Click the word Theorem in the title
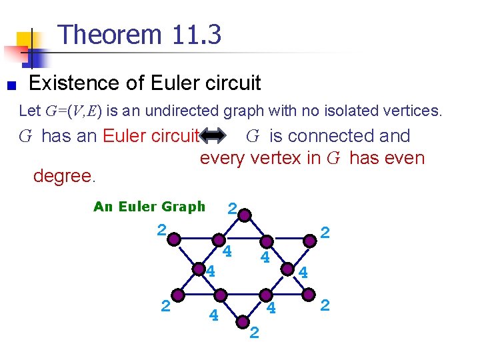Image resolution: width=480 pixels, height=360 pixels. pos(110,34)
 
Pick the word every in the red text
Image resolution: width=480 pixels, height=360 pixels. pos(224,159)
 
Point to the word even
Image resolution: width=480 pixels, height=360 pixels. pos(405,159)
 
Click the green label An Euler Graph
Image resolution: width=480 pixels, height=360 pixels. pos(149,207)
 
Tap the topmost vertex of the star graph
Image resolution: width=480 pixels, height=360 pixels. pos(245,215)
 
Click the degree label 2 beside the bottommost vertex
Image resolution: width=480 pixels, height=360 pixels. pos(254,333)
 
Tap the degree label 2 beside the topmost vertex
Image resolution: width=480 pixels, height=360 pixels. pos(231,209)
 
